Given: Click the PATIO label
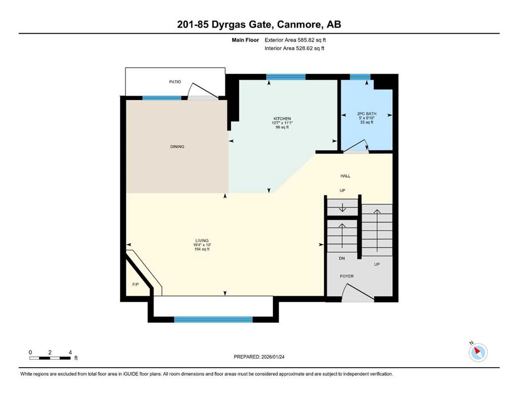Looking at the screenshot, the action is (x=175, y=82).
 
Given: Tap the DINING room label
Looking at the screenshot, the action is (x=177, y=146).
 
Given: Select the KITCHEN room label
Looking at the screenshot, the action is (x=282, y=119).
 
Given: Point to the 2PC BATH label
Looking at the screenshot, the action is (x=367, y=114).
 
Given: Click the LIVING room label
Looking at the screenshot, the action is (x=202, y=241).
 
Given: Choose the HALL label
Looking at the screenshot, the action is (x=345, y=176).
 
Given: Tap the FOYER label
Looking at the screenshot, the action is (x=347, y=277).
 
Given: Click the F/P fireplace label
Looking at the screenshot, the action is (x=136, y=284).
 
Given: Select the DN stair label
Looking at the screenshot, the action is (x=342, y=258).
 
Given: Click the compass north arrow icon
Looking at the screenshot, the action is (x=478, y=352).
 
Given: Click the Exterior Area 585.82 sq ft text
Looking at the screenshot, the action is (x=295, y=40).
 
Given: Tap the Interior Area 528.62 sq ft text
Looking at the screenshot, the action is (x=294, y=48).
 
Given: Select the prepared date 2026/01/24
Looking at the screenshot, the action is (x=273, y=357).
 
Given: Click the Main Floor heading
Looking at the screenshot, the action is (x=245, y=40).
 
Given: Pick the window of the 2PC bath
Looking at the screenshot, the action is (x=360, y=77).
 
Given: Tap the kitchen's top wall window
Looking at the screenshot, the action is (x=286, y=77).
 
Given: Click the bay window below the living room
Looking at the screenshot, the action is (x=213, y=319).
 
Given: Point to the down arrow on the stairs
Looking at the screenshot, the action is (x=342, y=208).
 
